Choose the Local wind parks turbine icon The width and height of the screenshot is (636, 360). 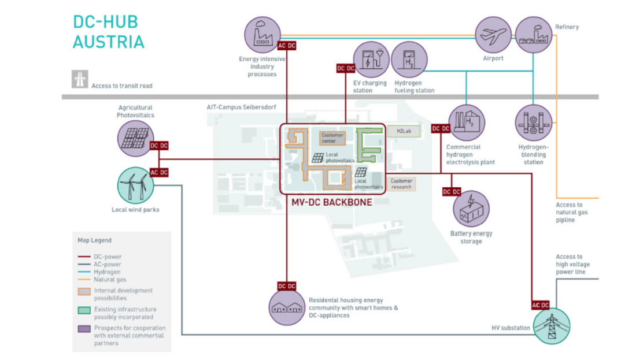pos(136,185)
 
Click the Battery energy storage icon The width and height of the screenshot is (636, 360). pos(471,208)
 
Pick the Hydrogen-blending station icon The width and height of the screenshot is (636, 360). pos(533,123)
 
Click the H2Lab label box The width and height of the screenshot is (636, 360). pos(399,132)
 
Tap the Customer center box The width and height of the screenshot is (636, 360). pos(332,138)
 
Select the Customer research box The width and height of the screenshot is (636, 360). pos(401,184)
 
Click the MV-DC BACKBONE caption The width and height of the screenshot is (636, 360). pos(331,203)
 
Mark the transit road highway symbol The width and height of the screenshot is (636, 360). pos(80,79)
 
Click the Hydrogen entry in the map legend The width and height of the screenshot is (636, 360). pos(107,272)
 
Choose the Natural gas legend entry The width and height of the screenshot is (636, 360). pos(109,279)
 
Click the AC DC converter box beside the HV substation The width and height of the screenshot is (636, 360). pos(541,305)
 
